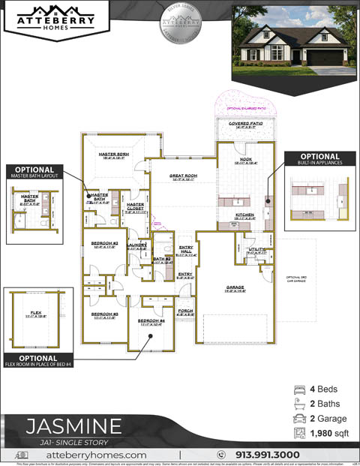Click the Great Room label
click(x=183, y=177)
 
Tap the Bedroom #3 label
click(x=105, y=315)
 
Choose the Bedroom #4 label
click(x=151, y=323)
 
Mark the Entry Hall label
click(x=185, y=251)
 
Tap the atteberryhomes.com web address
click(x=96, y=454)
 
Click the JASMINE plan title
click(x=73, y=427)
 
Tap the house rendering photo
click(x=294, y=38)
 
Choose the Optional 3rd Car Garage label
click(x=298, y=279)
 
